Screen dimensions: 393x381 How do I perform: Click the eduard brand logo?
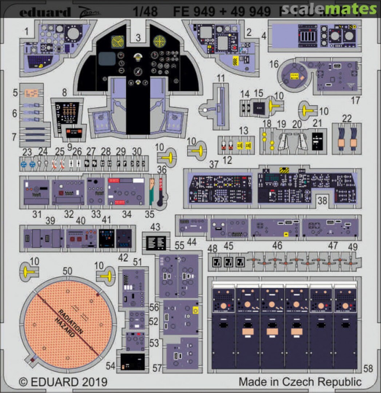coord(44,13)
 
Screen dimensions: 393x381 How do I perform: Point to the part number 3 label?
coord(138,37)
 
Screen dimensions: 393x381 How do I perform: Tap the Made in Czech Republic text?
coord(300,382)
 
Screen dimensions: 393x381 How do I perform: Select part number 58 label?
coord(368,369)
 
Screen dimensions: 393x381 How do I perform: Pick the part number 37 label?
coord(214,164)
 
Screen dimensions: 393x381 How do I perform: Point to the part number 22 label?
coord(347,118)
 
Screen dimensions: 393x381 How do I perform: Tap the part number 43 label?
coord(155,227)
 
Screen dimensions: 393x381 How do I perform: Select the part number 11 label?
coord(221,78)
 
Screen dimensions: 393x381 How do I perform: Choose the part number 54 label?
coord(111,367)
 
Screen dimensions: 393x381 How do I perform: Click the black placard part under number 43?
coord(156,242)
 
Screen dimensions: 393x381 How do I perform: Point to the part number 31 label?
coord(37,215)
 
